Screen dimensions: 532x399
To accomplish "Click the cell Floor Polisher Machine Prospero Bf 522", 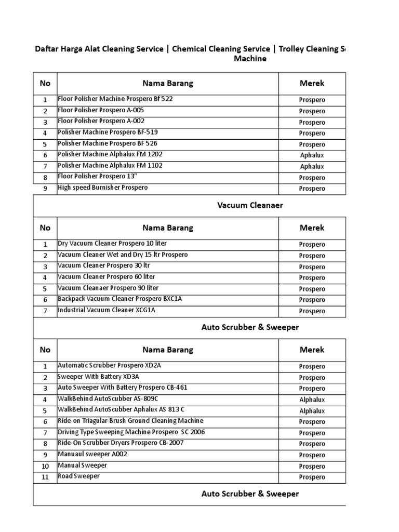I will click(115, 99).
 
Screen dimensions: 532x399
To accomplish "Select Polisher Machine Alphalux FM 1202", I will click(110, 154).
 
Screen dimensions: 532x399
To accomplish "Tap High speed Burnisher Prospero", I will click(102, 188).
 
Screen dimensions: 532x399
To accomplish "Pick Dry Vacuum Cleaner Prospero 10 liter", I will click(112, 244).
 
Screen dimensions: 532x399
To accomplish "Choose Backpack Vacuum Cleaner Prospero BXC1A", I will click(120, 299).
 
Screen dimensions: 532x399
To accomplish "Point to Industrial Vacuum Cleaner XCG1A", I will click(107, 310).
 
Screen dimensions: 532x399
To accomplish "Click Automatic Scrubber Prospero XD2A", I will click(109, 366).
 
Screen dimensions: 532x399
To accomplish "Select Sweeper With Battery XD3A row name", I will click(99, 377).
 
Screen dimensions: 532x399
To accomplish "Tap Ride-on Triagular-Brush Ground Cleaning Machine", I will click(130, 421).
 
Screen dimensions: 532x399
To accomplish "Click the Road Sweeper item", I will click(78, 476).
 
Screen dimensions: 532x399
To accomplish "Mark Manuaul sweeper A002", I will click(92, 454).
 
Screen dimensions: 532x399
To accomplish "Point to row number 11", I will click(45, 477).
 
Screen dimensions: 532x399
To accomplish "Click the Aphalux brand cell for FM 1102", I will click(312, 166).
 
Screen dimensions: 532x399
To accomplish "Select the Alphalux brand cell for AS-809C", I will click(312, 400).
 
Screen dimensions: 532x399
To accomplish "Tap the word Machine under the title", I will click(250, 59).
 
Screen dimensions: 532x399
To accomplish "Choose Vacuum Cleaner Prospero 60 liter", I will click(106, 277).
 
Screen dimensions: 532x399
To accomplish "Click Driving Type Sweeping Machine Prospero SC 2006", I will click(127, 432).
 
